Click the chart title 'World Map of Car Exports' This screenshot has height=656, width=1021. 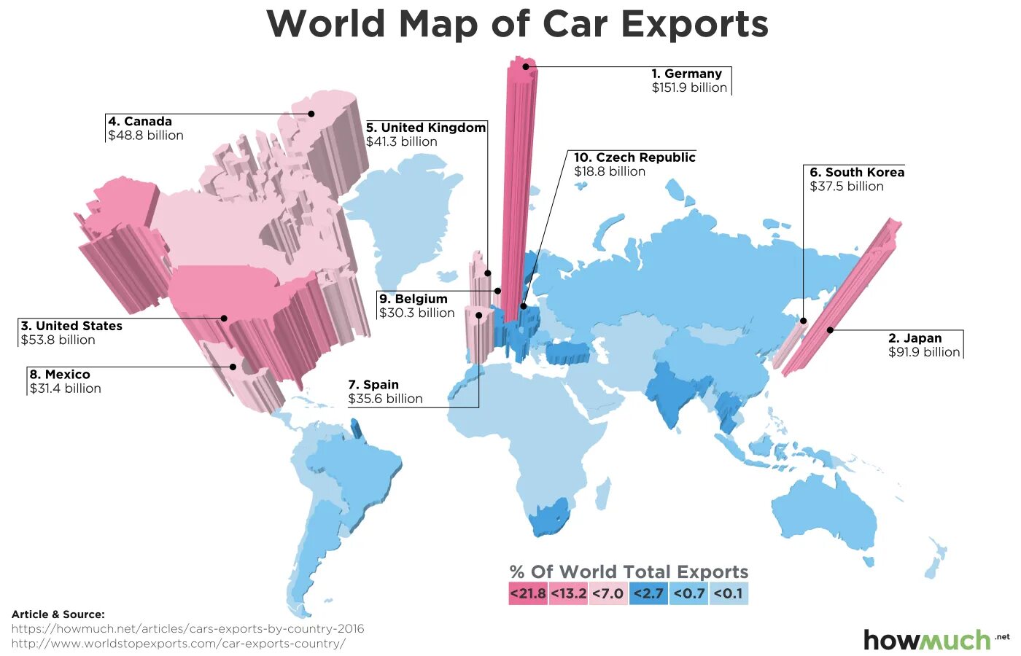click(x=517, y=24)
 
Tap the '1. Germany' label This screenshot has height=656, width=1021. click(x=686, y=74)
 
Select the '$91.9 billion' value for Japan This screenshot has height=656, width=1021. click(x=924, y=352)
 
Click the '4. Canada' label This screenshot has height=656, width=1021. click(x=140, y=122)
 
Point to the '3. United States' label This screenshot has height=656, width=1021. click(x=71, y=326)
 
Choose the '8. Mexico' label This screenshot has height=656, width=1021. click(x=60, y=375)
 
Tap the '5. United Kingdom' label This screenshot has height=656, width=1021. click(x=426, y=128)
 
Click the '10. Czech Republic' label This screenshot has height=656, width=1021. click(x=634, y=157)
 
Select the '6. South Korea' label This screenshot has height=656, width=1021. click(x=857, y=173)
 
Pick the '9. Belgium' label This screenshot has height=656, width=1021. click(x=413, y=299)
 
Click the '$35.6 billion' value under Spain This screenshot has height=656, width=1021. click(x=385, y=399)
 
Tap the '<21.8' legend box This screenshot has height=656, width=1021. click(x=527, y=593)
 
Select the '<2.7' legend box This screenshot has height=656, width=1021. click(x=648, y=593)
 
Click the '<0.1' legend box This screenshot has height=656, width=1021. click(x=729, y=593)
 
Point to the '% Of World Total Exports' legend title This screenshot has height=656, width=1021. click(x=629, y=572)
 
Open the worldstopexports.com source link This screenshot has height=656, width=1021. click(x=179, y=644)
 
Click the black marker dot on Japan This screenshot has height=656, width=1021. click(x=830, y=330)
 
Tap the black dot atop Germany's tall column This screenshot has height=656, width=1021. click(x=525, y=66)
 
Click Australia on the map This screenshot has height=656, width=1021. click(x=824, y=514)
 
